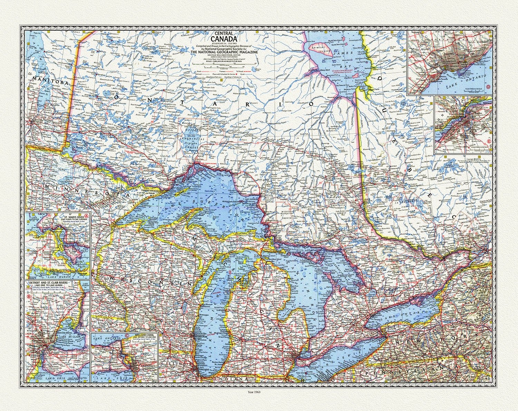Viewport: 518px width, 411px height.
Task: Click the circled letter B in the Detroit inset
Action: [x=29, y=297]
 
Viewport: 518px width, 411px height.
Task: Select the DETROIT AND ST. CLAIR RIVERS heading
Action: [x=49, y=283]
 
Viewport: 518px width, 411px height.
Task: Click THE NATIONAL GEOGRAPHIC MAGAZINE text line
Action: [x=224, y=52]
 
